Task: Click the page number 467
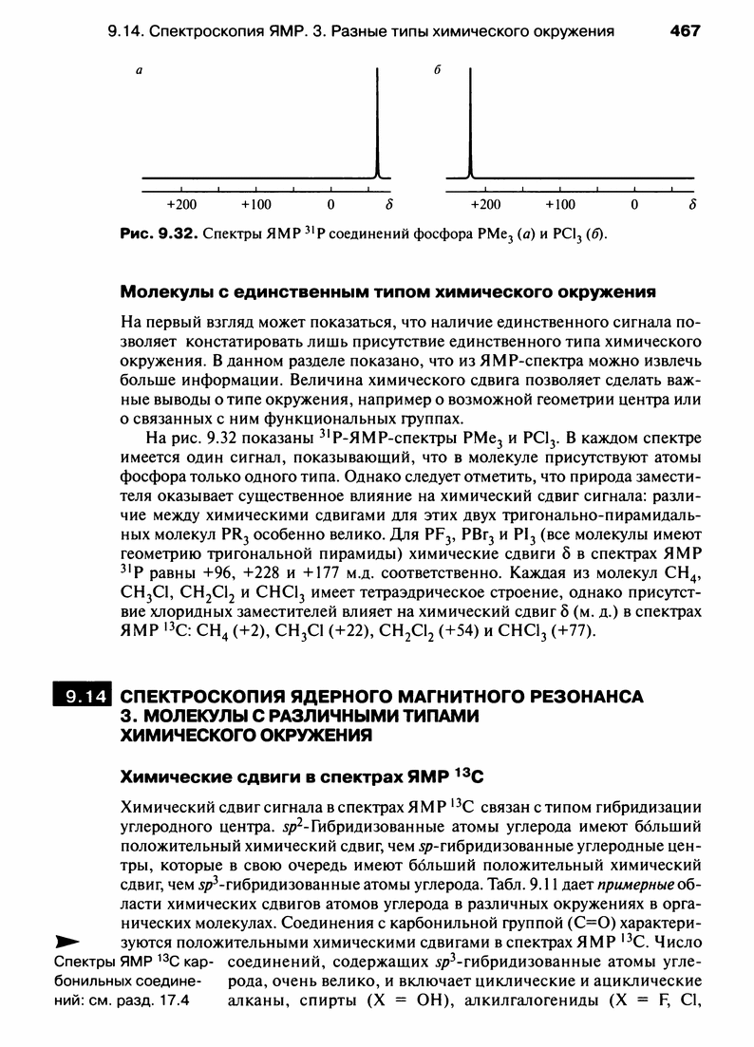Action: pyautogui.click(x=685, y=30)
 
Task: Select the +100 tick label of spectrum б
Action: pyautogui.click(x=560, y=204)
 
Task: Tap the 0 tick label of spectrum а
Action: pyautogui.click(x=330, y=204)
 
